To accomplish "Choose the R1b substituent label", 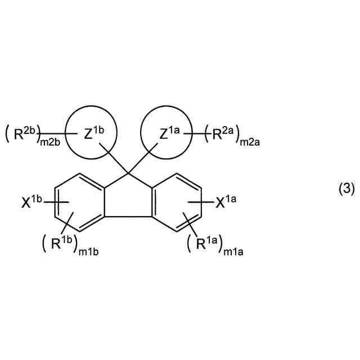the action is pyautogui.click(x=62, y=244).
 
